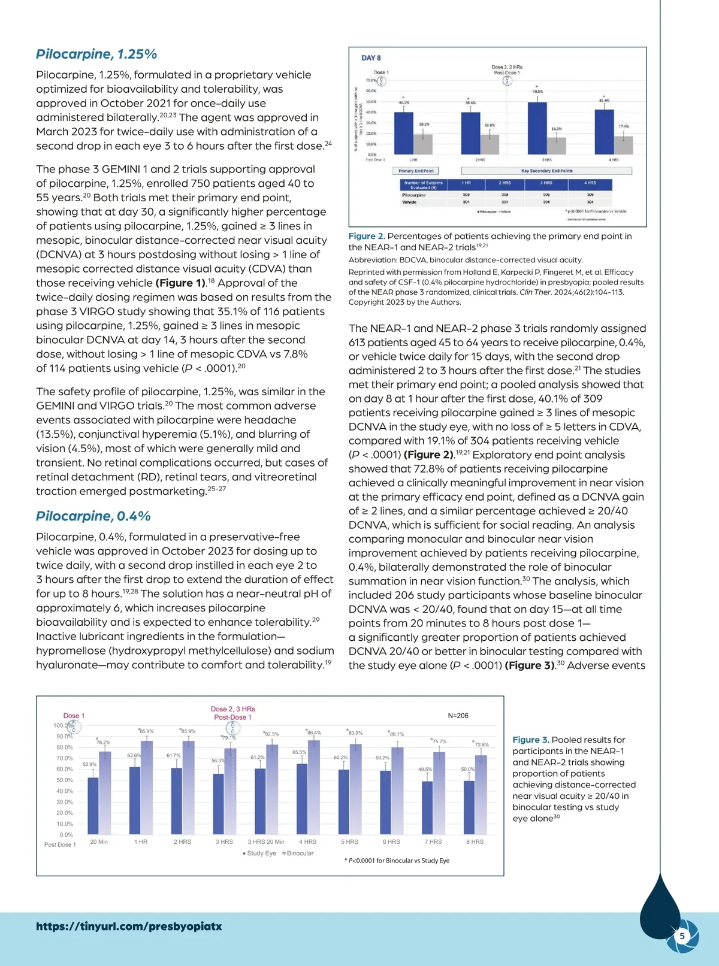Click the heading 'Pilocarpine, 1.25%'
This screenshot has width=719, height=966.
point(96,54)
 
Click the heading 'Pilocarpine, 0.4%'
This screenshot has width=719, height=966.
point(93,516)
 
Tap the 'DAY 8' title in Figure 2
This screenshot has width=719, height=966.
point(371,58)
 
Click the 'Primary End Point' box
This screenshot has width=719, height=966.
point(416,171)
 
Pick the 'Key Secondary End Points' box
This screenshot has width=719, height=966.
point(546,171)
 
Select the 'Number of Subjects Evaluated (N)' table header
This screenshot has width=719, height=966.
point(423,185)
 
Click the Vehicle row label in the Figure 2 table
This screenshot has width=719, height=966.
point(409,202)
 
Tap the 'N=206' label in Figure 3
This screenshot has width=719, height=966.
point(458,716)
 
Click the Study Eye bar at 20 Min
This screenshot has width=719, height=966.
point(93,806)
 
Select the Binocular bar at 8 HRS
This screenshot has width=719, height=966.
point(481,795)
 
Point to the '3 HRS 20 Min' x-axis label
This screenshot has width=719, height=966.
point(266,841)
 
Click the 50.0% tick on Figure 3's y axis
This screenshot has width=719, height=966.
point(65,780)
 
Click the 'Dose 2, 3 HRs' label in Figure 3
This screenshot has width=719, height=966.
point(232,709)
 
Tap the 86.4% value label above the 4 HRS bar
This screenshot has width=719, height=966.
point(314,732)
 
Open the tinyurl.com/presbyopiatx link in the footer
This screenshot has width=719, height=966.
point(129,926)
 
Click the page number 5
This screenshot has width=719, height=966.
point(682,936)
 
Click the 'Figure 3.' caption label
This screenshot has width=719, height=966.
point(530,740)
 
